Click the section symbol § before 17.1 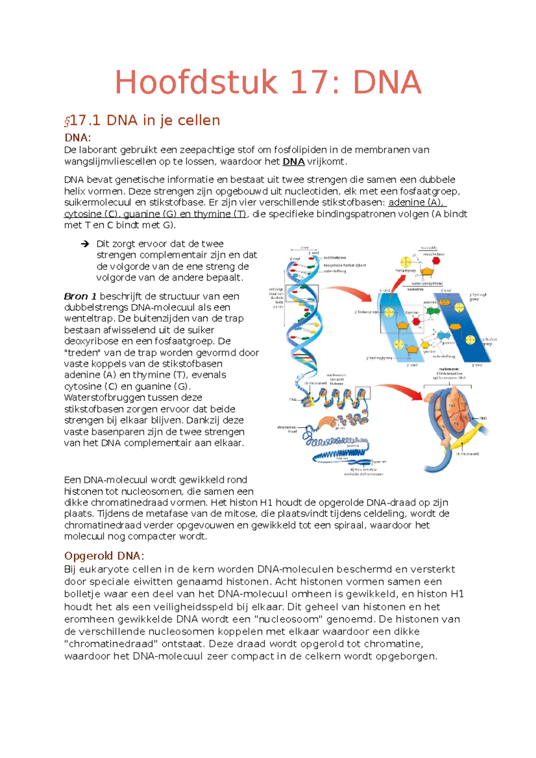67,121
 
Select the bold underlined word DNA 293,162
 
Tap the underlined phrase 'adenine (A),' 416,202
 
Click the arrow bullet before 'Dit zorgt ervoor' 85,244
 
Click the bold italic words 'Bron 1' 80,296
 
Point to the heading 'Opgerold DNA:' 104,556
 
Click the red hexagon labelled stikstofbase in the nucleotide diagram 436,260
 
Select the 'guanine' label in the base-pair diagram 448,343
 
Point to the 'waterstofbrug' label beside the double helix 335,271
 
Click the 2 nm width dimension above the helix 304,247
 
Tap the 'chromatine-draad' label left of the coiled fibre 287,429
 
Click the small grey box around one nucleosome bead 362,393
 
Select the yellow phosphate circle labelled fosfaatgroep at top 406,262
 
